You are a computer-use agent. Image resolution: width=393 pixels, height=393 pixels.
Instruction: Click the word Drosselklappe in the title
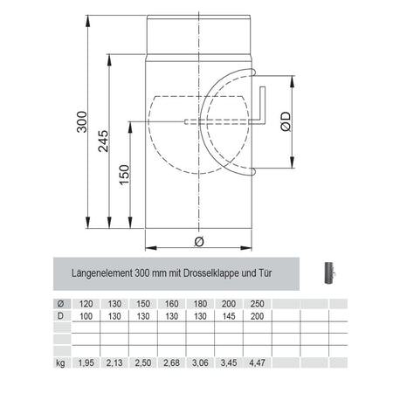click(206, 273)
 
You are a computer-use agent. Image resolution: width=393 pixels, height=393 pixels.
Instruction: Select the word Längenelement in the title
click(102, 273)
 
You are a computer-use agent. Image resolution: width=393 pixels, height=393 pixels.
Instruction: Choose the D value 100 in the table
click(86, 315)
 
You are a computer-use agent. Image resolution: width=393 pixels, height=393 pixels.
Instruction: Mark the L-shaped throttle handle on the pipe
click(261, 103)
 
